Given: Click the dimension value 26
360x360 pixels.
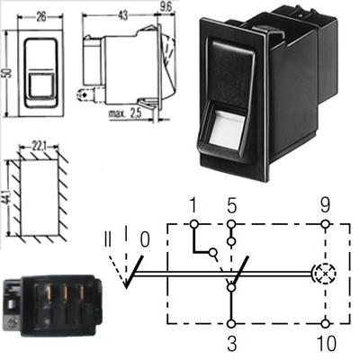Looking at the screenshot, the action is pos(40,17).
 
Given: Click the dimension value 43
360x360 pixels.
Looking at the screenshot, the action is pos(122,15).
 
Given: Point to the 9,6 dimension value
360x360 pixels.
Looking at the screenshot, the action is pos(166,7).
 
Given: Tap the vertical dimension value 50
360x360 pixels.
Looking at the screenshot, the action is pos(8,73).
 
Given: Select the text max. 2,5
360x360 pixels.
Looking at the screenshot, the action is pos(124,114).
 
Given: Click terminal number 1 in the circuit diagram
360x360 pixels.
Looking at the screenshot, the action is pos(193,205).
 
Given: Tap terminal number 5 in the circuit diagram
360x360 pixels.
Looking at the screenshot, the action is pos(231,205).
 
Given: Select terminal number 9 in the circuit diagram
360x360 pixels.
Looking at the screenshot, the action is pos(325,205).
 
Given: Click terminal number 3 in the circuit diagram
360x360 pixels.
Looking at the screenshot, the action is pos(231,343).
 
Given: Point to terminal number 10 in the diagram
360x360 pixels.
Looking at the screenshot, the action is pos(327,343).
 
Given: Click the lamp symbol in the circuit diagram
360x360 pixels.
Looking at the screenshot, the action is pos(325,274).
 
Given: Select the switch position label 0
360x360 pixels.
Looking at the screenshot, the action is pos(145,240).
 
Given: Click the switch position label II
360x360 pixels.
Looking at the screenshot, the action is pos(108,239).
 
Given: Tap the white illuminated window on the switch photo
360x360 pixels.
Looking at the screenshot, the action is pos(227,127).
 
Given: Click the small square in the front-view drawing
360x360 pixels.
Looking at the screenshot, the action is pos(40,85).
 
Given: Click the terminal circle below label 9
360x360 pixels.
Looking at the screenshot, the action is pos(325,224).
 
